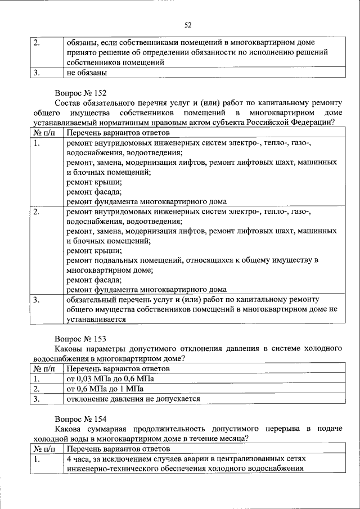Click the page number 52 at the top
[x=188, y=25]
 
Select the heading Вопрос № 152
[x=80, y=93]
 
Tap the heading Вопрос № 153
[x=80, y=339]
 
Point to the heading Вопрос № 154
[x=80, y=419]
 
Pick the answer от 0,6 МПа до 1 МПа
[x=105, y=389]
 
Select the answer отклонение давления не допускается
[x=133, y=399]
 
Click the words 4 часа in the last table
[x=80, y=458]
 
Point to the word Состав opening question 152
[x=68, y=103]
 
